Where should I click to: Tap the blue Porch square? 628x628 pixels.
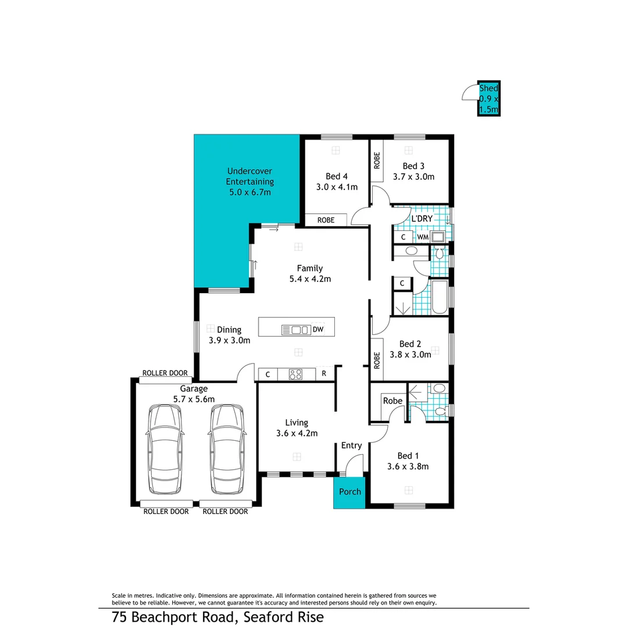[349, 492]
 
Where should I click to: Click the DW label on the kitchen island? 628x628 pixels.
[317, 330]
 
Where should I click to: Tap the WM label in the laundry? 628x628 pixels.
[423, 237]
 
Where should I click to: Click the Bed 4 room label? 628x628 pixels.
[336, 177]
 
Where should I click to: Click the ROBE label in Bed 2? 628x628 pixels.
[377, 361]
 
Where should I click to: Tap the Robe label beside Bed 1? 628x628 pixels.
[392, 401]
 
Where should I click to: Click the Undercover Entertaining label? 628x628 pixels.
[249, 176]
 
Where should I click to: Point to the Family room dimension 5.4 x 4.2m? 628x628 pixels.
[310, 279]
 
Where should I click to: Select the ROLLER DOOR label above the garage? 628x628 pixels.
[165, 373]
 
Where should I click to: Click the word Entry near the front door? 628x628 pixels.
[351, 445]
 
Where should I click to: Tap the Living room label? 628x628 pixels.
[296, 423]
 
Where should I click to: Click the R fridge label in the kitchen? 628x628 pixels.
[324, 374]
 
